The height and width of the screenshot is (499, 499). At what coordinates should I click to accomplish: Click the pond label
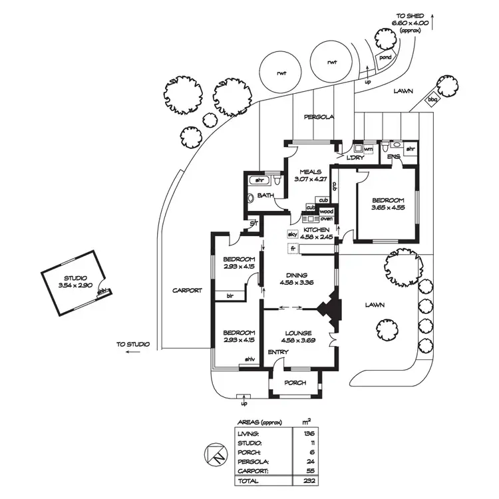pos(385,57)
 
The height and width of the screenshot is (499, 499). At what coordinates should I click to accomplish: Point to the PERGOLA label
pos(318,117)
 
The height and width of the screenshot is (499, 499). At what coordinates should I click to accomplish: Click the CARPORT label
pos(187,290)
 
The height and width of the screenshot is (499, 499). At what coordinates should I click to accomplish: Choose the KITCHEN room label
pos(317,229)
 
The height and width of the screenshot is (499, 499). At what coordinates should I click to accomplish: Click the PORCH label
pos(295,383)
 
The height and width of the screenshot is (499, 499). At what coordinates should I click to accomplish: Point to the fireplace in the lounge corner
pos(329,310)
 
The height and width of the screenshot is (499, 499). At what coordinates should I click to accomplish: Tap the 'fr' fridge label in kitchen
pos(292,248)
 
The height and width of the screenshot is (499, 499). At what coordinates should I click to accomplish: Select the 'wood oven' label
pos(327,215)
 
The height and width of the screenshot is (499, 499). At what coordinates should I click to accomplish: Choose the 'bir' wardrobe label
pos(230,295)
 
